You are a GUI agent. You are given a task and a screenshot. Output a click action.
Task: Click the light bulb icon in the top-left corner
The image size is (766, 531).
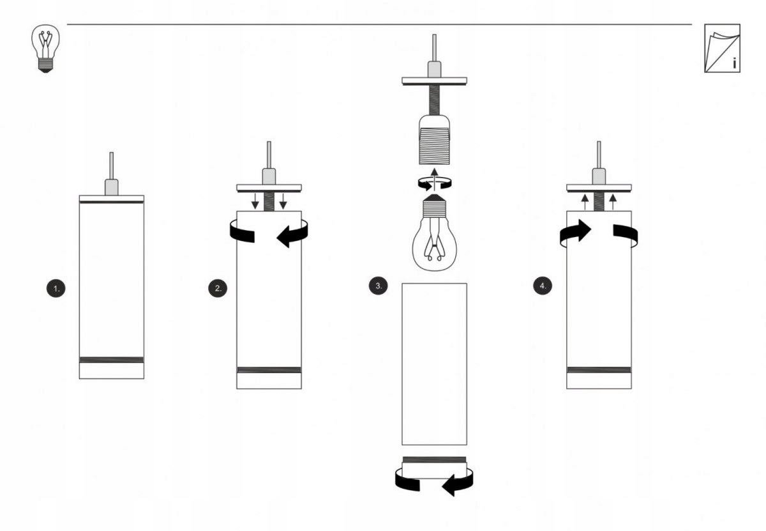click(45, 49)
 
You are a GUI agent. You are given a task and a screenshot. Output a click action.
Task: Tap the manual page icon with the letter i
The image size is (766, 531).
click(722, 49)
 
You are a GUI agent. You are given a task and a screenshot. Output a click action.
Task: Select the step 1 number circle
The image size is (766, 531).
click(56, 288)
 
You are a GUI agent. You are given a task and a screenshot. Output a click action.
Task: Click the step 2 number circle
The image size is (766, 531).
click(218, 288)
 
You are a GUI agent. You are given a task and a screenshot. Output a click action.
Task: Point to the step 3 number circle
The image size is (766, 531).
click(378, 286)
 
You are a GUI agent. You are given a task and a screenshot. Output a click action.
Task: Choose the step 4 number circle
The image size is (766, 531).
click(543, 286)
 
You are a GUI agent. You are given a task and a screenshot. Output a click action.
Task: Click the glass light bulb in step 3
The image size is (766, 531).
click(434, 233)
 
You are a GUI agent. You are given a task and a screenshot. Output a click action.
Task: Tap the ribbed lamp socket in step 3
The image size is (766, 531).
click(434, 140)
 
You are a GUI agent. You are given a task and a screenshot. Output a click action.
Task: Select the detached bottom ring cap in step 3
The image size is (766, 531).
click(434, 468)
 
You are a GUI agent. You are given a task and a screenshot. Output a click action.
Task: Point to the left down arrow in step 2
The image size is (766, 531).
click(255, 201)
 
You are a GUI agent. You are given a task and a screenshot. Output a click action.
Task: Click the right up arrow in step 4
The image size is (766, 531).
click(613, 202)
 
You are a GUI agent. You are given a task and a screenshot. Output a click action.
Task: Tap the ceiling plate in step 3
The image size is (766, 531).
click(434, 81)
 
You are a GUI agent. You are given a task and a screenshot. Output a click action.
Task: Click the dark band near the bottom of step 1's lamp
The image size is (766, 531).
click(112, 360)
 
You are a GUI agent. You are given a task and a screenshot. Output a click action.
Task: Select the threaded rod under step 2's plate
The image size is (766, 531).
click(269, 201)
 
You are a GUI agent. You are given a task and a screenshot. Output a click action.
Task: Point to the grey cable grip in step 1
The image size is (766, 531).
click(112, 187)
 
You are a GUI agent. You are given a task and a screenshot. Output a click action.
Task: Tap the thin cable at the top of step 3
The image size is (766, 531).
click(434, 48)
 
